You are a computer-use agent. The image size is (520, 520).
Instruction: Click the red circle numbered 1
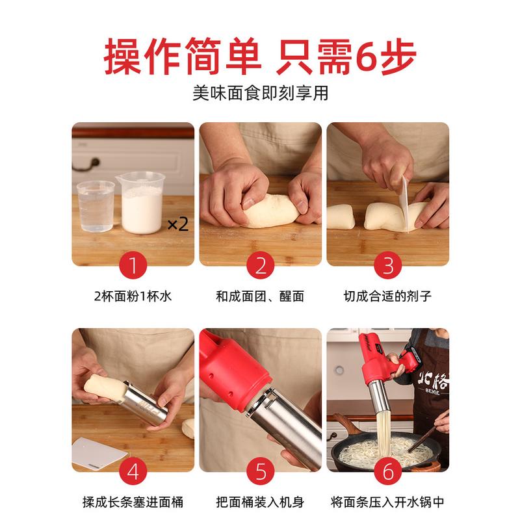tap(133, 265)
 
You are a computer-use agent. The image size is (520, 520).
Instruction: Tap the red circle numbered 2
tap(261, 265)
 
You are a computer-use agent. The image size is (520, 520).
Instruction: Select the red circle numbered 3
tap(387, 265)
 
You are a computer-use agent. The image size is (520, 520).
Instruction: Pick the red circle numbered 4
tap(133, 471)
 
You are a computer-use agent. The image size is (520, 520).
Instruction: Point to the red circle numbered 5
tap(261, 471)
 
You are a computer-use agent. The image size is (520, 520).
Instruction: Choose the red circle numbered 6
tap(387, 471)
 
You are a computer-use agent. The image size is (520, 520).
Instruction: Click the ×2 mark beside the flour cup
tap(178, 224)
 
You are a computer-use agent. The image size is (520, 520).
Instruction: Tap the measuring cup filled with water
tap(96, 206)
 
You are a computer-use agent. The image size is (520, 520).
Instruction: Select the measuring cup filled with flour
tap(141, 203)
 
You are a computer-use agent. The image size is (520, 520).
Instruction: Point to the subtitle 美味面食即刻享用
tap(261, 93)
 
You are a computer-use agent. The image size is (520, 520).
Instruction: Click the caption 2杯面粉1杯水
tap(133, 296)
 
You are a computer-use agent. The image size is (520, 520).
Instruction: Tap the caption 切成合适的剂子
tap(387, 296)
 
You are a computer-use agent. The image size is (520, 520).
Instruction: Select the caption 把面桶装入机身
tap(261, 502)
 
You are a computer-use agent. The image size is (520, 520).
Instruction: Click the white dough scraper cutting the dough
tap(405, 205)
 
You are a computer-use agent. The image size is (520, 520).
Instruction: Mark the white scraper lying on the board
tap(99, 452)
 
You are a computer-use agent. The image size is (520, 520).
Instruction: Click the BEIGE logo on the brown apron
tap(432, 393)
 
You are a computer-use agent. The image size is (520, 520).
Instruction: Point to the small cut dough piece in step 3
tap(340, 217)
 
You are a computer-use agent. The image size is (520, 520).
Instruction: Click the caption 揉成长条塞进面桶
tap(133, 502)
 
